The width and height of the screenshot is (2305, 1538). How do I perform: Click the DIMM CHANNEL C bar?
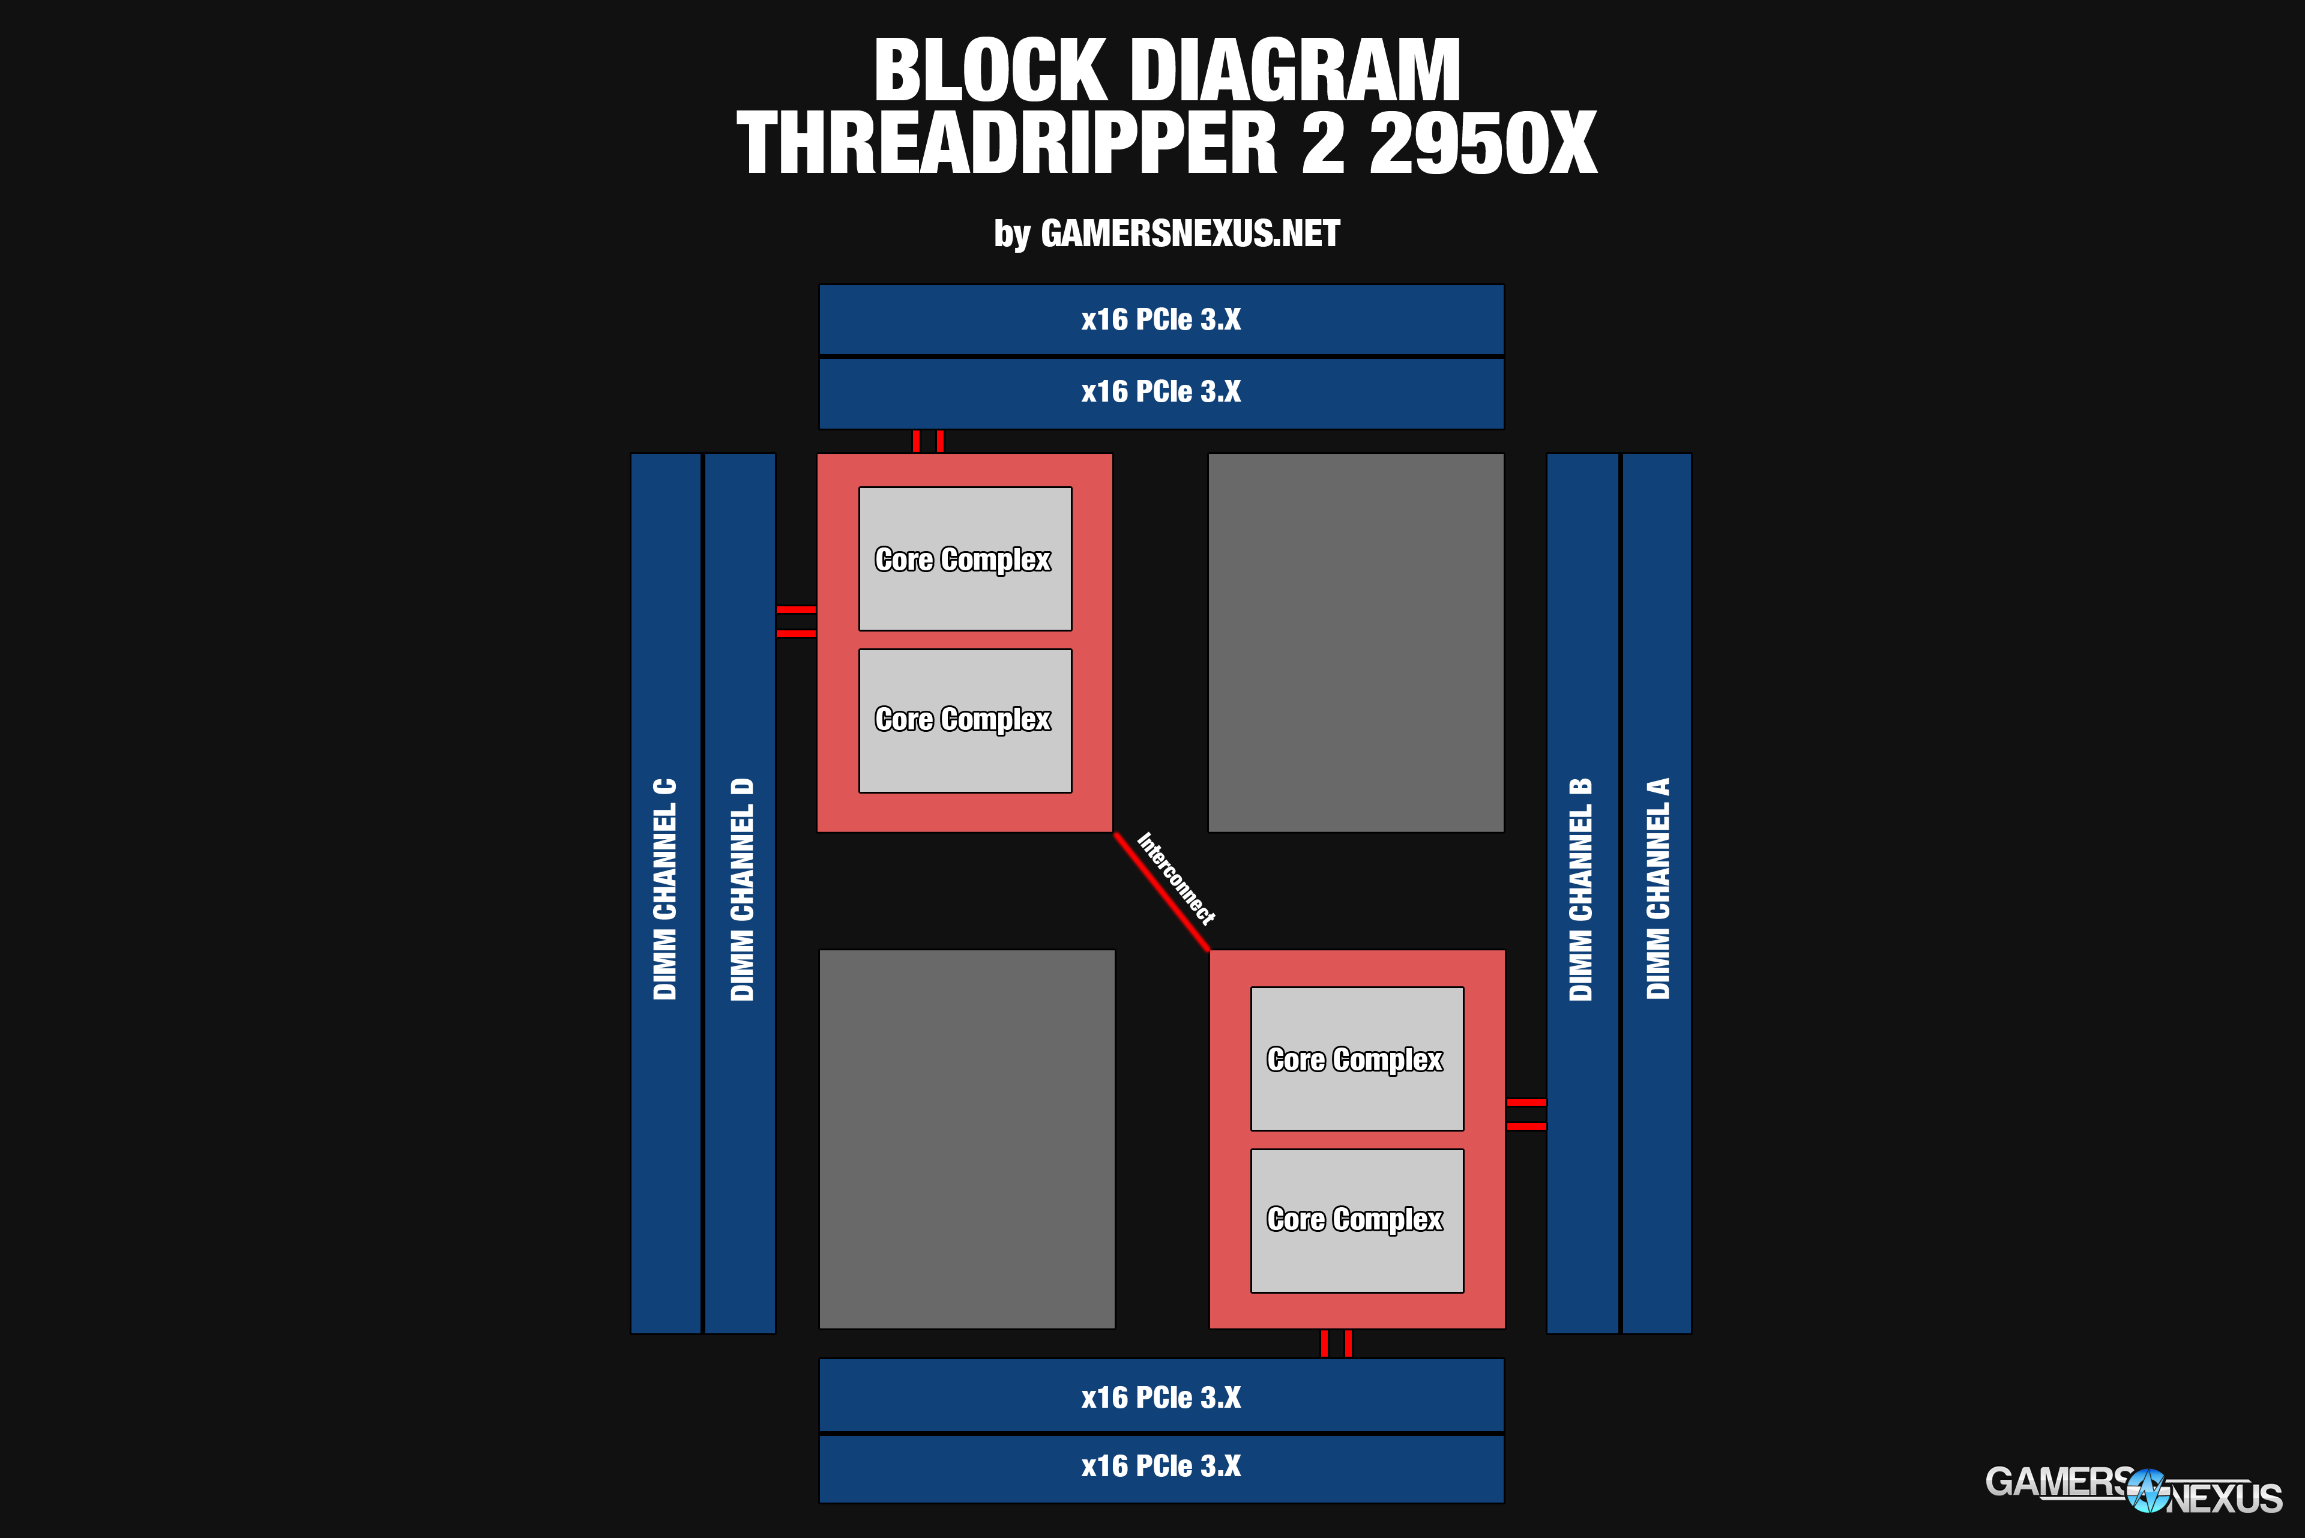(x=665, y=893)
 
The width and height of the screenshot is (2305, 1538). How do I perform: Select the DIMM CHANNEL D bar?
(x=741, y=893)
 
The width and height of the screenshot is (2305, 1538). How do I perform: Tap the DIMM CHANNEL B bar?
(x=1581, y=893)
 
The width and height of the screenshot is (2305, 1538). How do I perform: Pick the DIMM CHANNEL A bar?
(x=1657, y=893)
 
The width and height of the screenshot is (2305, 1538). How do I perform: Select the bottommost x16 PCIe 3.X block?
(x=1162, y=1467)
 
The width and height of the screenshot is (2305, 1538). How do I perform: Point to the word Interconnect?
(x=1176, y=878)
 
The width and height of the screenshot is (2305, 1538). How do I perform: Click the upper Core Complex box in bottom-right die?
(x=1357, y=1060)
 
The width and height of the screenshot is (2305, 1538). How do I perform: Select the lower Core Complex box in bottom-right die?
(x=1357, y=1221)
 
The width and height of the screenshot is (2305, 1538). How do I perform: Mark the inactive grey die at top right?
(x=1355, y=642)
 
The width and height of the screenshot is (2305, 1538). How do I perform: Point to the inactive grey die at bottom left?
(x=966, y=1139)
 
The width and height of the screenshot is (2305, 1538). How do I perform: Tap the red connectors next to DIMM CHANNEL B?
(x=1526, y=1114)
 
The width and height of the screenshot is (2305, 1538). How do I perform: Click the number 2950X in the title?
(x=1483, y=144)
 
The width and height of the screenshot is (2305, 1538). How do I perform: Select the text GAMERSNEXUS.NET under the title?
(x=1190, y=234)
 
